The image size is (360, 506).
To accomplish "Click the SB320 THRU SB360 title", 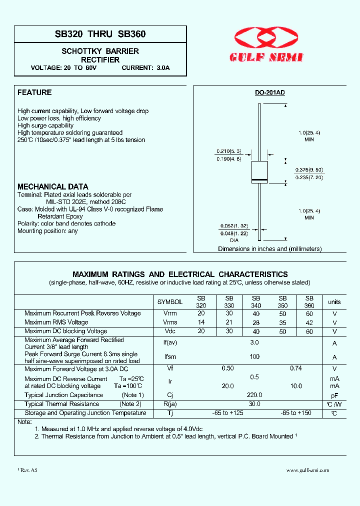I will pos(100,34).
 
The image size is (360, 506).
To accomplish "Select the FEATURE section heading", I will pos(34,92).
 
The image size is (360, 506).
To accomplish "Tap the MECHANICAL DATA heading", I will pos(53,186).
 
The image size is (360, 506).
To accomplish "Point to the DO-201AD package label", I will pos(270,93).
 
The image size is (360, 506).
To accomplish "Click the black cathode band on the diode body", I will pos(259,179).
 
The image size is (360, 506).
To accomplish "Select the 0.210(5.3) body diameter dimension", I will pos(229,151).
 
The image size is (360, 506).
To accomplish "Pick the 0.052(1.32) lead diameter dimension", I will pos(234,226).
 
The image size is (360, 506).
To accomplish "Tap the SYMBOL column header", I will pos(170,302).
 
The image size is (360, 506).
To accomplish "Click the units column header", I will pos(334,302).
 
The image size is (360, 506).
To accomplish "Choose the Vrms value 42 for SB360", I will pos(309,322).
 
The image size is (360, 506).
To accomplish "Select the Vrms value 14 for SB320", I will pos(201,322).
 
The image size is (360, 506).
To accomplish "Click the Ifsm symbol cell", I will pos(170,357).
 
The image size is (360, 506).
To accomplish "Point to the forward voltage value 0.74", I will pos(296,368).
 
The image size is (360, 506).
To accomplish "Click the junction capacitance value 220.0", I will pos(254,395).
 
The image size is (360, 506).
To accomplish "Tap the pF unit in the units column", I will pos(334,395).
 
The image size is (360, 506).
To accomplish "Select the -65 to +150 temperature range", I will pos(296,413).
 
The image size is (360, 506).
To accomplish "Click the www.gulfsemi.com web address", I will pos(307,470).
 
